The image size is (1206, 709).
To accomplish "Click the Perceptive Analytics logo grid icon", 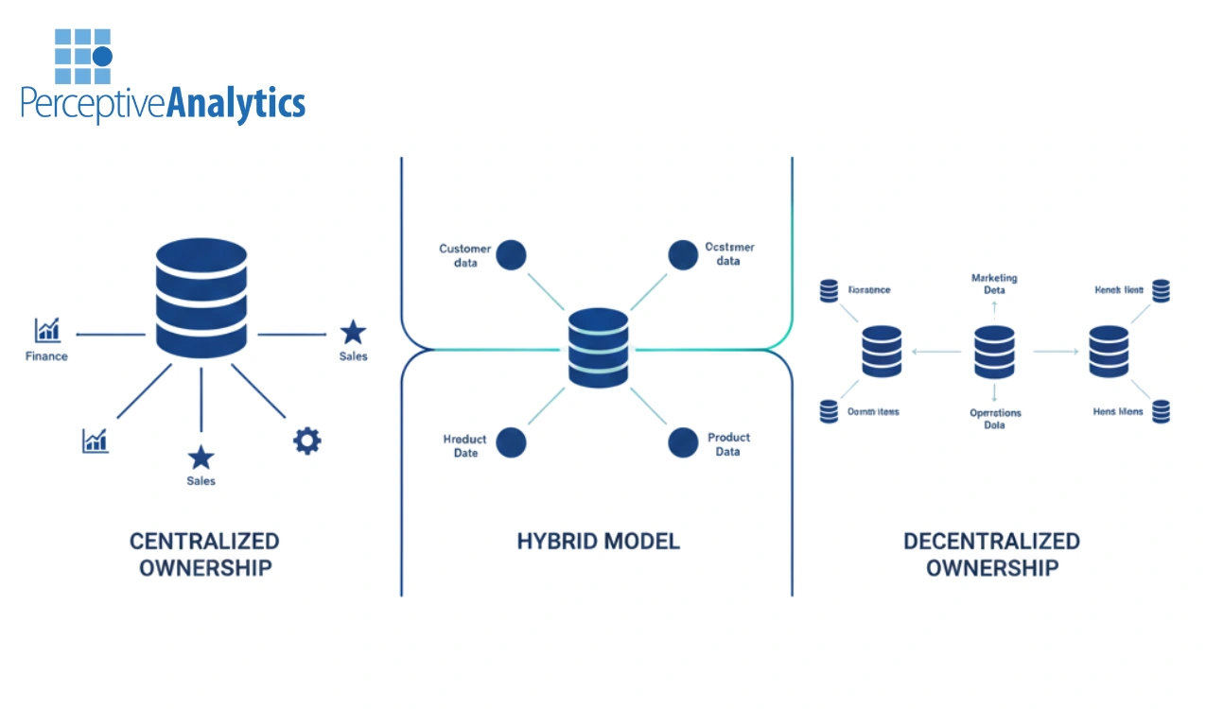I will click(83, 57).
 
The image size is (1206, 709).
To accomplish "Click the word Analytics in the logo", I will click(236, 103).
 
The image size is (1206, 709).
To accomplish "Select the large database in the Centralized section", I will click(201, 298).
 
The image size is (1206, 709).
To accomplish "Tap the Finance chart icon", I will click(47, 330).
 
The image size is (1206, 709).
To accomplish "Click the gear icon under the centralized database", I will click(306, 441).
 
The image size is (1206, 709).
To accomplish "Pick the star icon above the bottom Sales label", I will click(201, 458).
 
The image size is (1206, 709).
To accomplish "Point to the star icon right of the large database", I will click(353, 332).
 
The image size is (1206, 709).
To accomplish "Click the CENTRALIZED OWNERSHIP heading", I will click(204, 554).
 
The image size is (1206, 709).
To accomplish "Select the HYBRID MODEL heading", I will click(598, 542).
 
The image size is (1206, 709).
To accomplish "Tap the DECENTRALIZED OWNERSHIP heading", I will click(991, 554).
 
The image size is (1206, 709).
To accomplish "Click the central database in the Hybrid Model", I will click(598, 348).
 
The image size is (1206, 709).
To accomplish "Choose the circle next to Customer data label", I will click(511, 255).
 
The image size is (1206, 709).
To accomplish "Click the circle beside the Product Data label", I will click(683, 442).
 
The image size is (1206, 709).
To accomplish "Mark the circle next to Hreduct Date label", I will click(511, 442).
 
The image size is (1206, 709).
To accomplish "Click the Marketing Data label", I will click(994, 284).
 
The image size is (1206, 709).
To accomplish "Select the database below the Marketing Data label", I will click(994, 352).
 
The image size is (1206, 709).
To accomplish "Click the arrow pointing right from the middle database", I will click(1056, 352).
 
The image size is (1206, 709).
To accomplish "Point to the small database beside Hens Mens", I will click(1161, 411).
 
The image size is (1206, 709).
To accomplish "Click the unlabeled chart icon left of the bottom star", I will click(95, 441).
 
